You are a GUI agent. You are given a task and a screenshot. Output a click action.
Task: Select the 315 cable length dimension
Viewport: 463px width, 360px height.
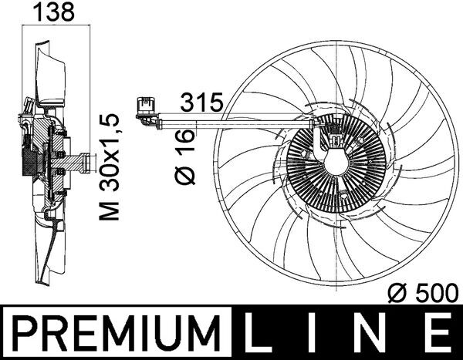pos(201,101)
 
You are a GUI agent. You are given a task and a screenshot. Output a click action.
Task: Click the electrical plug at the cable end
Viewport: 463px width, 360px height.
pos(144,107)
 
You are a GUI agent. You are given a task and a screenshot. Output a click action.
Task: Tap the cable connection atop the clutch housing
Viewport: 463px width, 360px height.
pos(336,139)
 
